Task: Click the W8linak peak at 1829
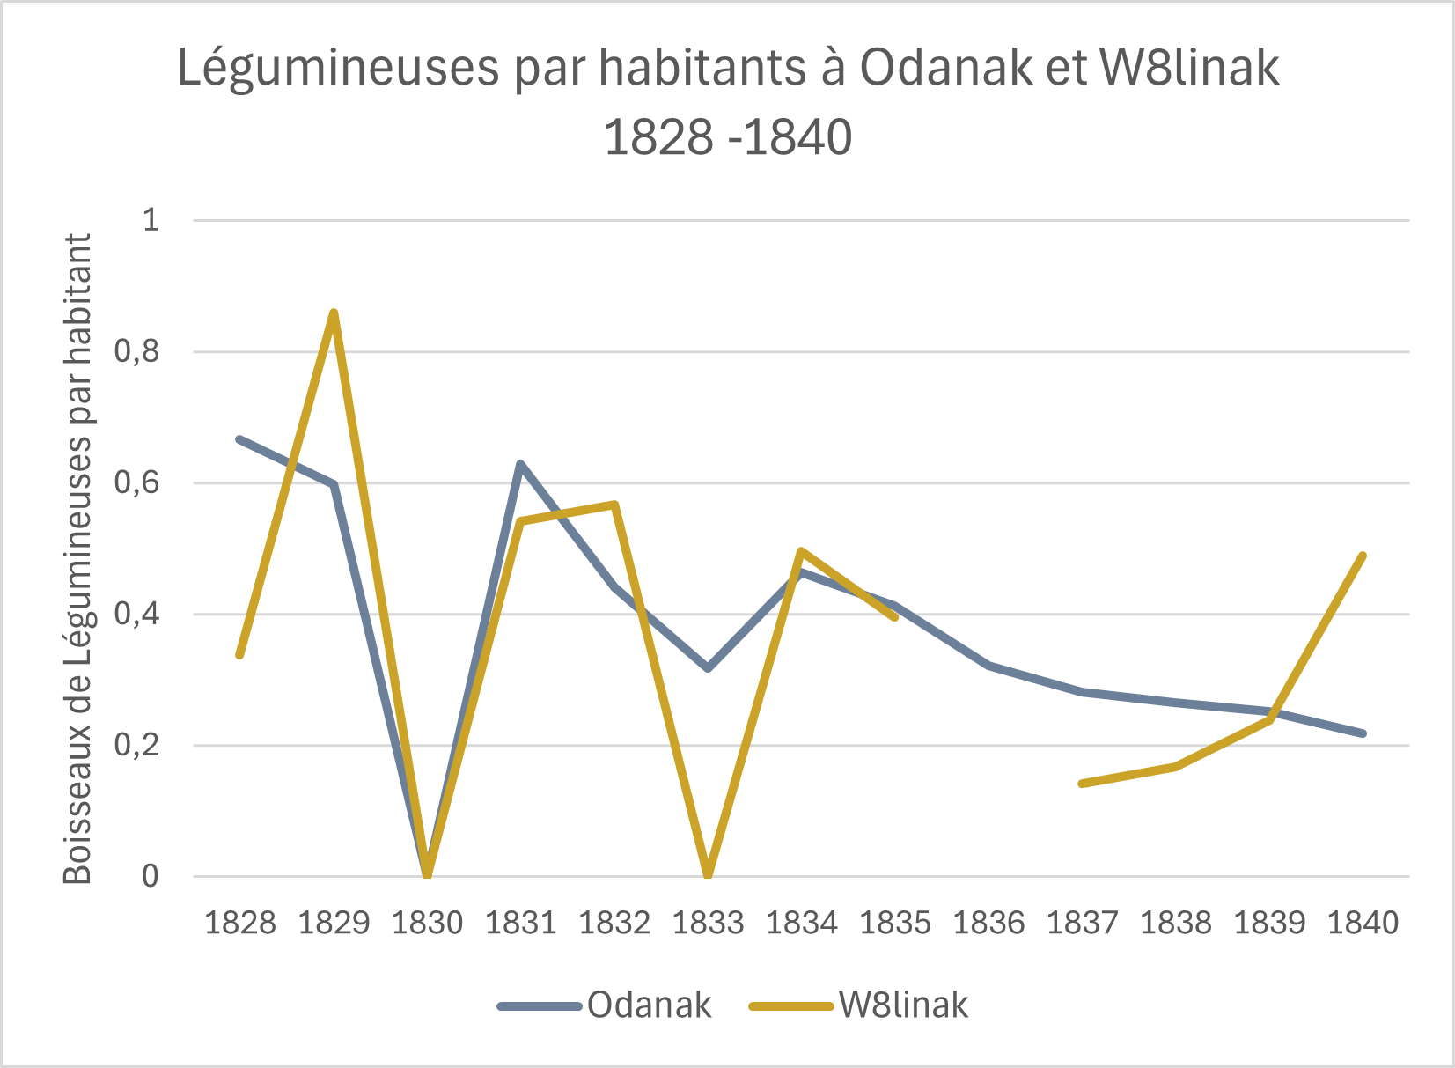click(334, 313)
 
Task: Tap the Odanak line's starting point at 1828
click(239, 438)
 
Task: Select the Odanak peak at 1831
click(520, 464)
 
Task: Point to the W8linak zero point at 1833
click(708, 875)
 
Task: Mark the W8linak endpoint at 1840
click(1363, 556)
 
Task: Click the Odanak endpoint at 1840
click(1363, 733)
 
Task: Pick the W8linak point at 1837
click(1082, 783)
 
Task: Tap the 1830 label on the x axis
click(427, 923)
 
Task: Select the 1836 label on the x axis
click(988, 923)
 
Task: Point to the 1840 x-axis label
click(1363, 923)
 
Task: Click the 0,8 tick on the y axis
click(136, 352)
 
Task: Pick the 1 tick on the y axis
click(151, 220)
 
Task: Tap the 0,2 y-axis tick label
click(136, 746)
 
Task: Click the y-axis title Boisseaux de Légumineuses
click(78, 558)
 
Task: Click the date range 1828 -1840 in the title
click(728, 137)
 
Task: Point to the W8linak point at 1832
click(614, 505)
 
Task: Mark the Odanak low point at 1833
click(708, 668)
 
